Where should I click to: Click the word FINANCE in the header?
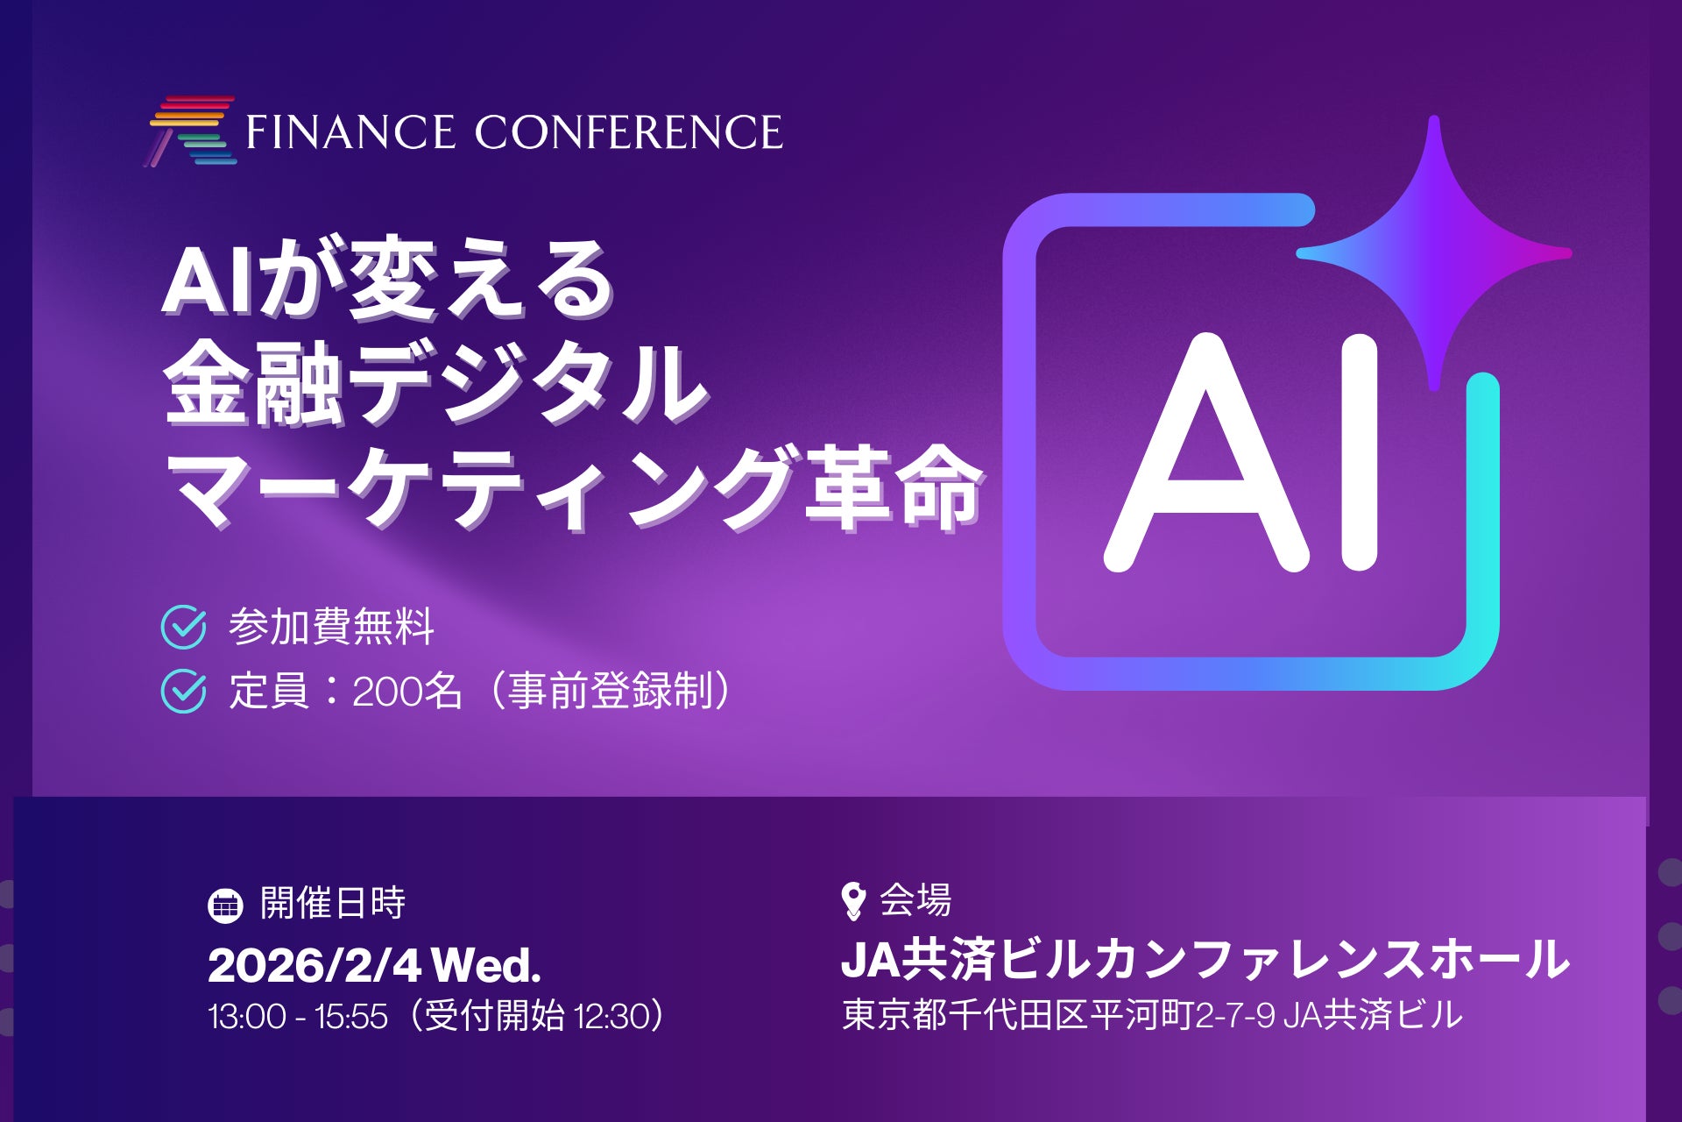[350, 132]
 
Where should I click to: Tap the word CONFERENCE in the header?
[628, 132]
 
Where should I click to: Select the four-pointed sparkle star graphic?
[1434, 252]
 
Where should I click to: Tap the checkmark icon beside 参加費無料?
[184, 628]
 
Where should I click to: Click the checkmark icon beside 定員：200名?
[184, 692]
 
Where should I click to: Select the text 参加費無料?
[331, 628]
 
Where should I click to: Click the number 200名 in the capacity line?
[406, 692]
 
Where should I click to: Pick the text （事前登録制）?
[604, 692]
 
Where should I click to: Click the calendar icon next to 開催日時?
[225, 905]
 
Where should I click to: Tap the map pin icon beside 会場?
[852, 901]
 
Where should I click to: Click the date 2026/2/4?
[314, 966]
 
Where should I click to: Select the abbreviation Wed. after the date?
[486, 966]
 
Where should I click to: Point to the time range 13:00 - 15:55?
[298, 1017]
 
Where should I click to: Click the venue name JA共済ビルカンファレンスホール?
[1205, 960]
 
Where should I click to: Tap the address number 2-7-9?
[1235, 1016]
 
